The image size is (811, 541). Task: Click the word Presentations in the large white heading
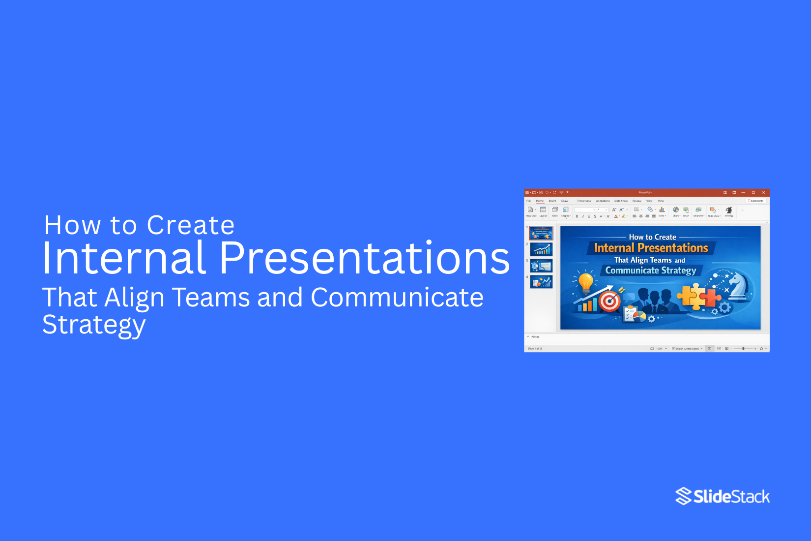(x=364, y=258)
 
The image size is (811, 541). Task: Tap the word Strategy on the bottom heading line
(x=94, y=325)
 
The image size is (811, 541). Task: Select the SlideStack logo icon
(x=683, y=496)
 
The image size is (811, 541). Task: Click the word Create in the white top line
(x=191, y=225)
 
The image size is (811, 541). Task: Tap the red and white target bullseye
(x=610, y=301)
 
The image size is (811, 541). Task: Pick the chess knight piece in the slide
(x=739, y=287)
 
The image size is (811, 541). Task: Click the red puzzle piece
(x=711, y=298)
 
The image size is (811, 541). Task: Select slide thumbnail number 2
(x=541, y=249)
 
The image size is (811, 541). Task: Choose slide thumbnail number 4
(x=541, y=282)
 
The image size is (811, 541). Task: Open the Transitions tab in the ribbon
(x=584, y=201)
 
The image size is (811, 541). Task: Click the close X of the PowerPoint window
(x=763, y=192)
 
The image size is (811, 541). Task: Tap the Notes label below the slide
(x=535, y=337)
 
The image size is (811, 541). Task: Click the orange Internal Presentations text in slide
(x=651, y=248)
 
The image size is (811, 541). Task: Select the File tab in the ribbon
(x=529, y=201)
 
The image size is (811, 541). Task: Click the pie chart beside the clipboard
(x=639, y=316)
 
